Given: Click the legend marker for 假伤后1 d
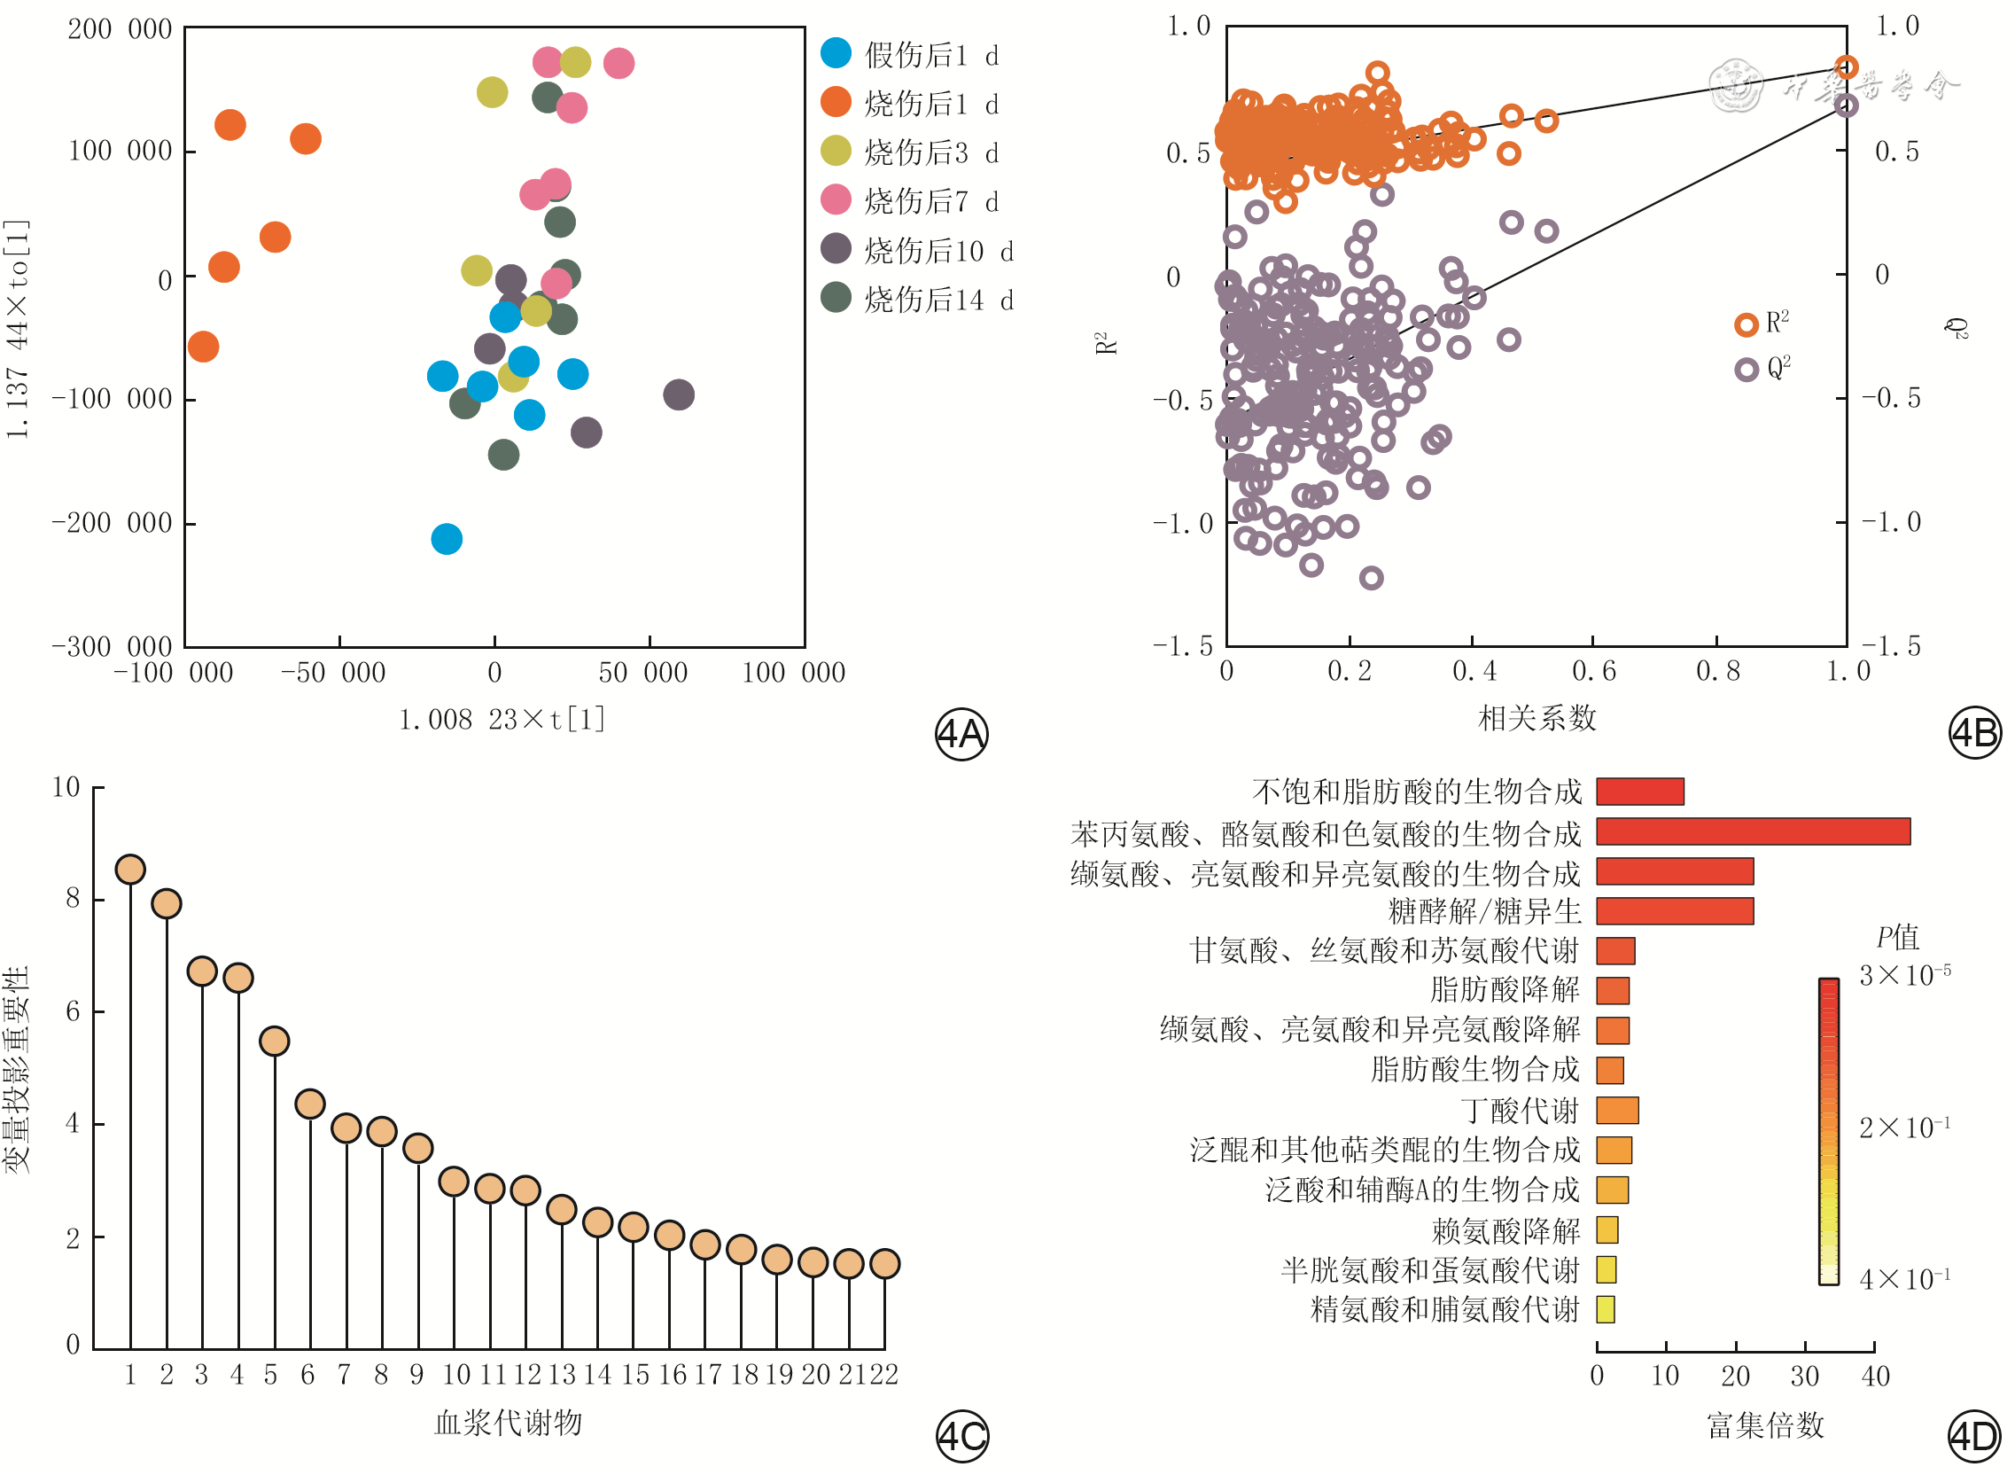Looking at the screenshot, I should coord(836,53).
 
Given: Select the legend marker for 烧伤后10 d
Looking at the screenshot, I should coord(836,249).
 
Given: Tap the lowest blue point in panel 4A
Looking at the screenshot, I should coord(447,539).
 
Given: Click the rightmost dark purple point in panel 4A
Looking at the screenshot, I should coord(679,394).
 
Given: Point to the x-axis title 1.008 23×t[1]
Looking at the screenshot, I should coord(502,720).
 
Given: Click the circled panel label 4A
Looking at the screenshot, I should coord(961,735).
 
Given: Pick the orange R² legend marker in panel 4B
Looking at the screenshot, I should coord(1747,324).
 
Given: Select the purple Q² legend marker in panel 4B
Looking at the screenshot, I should coord(1747,370).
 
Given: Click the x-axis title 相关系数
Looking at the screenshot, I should coord(1537,718).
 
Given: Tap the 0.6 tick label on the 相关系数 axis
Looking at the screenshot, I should coord(1594,672).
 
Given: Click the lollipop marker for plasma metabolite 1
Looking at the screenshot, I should coord(130,870).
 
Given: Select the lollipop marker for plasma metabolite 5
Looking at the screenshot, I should coord(275,1042).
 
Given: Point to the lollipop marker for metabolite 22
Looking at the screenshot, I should coord(885,1263).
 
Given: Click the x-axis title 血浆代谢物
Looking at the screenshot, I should coord(509,1423).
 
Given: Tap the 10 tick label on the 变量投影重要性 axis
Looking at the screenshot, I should coord(66,787).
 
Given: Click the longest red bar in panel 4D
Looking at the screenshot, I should coord(1753,831).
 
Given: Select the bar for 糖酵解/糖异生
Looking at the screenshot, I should coord(1675,910).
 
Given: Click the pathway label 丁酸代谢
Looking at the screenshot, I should coord(1521,1111).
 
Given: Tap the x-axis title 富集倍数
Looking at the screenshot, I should coord(1764,1425).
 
